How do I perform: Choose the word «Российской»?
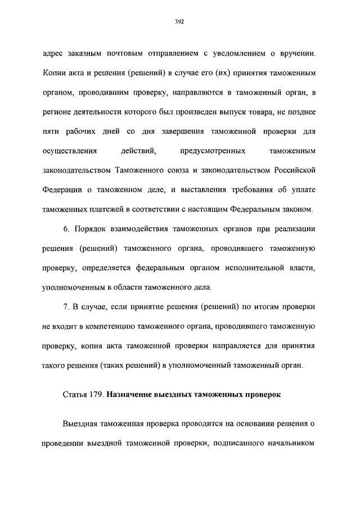[x=296, y=170]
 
